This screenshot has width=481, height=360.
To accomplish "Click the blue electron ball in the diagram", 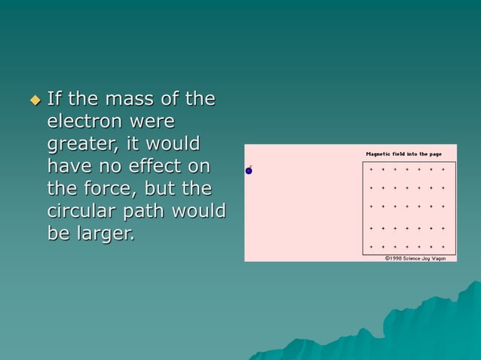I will click(x=249, y=171).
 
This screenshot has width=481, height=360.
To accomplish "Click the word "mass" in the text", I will click(x=120, y=99).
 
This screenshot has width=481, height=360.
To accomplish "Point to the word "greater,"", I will click(x=84, y=144).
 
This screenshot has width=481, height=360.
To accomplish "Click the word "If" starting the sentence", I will click(x=54, y=99).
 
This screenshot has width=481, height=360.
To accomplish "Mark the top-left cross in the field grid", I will click(x=371, y=169).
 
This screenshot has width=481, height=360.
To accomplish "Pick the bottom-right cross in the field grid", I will click(x=443, y=246).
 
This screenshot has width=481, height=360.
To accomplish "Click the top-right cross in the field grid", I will click(x=443, y=169).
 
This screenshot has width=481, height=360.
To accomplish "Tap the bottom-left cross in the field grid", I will click(x=371, y=246).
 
